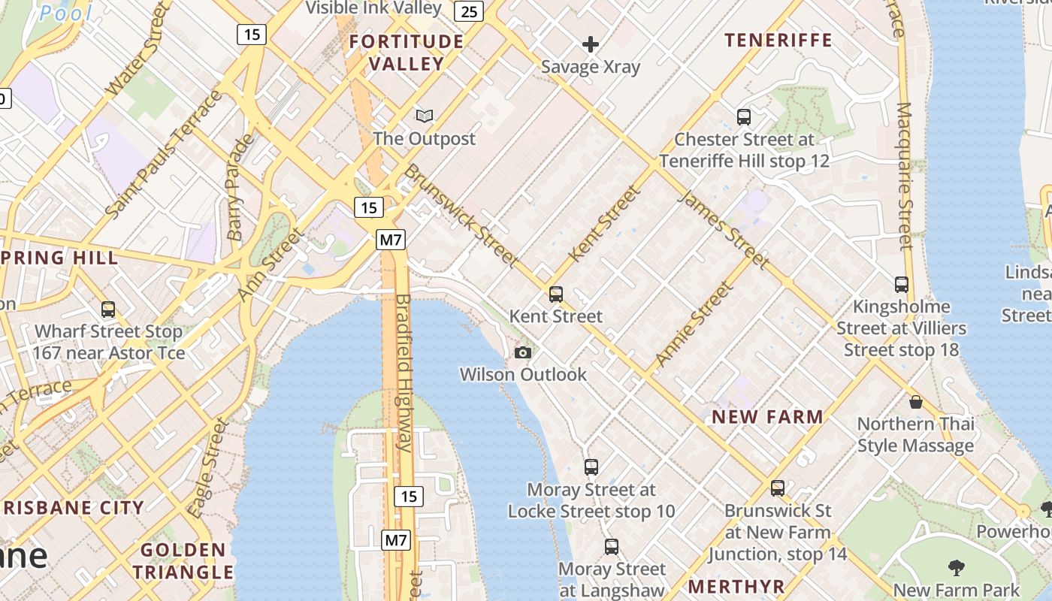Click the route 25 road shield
coord(470,11)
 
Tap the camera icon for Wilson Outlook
coord(523,352)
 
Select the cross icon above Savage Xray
coord(591,44)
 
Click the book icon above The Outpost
coord(425,116)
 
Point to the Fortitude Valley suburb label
coord(407,53)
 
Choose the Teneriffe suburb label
coord(778,40)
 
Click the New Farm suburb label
coord(767,417)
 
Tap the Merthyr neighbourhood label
coord(736,587)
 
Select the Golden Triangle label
coord(183,560)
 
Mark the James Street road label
coord(724,229)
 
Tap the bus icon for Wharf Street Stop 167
coord(108,309)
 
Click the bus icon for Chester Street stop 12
coord(744,117)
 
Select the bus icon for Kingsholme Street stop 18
coord(902,285)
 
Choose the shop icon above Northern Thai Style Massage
coord(915,402)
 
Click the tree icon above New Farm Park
coord(956,567)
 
